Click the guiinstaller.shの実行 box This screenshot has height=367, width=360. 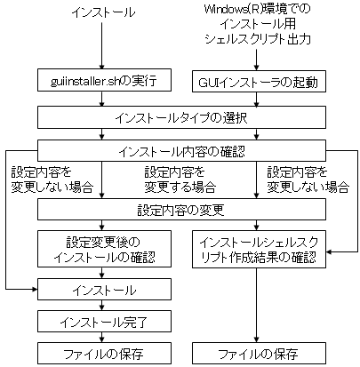104,80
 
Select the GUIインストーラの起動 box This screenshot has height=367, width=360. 259,81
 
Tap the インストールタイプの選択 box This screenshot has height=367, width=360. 181,117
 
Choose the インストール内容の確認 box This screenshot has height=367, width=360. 181,150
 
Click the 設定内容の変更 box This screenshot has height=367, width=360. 181,209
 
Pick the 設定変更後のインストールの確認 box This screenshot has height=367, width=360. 104,249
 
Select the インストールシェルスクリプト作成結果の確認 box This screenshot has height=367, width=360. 259,250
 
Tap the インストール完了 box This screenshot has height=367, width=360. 104,321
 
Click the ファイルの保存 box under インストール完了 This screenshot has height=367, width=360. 104,353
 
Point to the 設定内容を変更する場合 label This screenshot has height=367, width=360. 180,180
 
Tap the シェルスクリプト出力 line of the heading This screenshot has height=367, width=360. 257,39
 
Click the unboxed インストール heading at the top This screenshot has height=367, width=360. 103,12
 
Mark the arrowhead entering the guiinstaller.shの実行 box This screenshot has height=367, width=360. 101,67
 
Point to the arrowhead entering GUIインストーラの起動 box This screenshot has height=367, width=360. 256,68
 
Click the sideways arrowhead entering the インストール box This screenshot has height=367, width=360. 35,289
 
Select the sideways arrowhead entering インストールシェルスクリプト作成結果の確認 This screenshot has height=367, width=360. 329,252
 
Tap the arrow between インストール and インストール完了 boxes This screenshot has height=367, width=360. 101,305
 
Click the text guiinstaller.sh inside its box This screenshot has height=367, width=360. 84,81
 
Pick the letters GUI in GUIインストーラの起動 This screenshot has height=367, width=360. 206,82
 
